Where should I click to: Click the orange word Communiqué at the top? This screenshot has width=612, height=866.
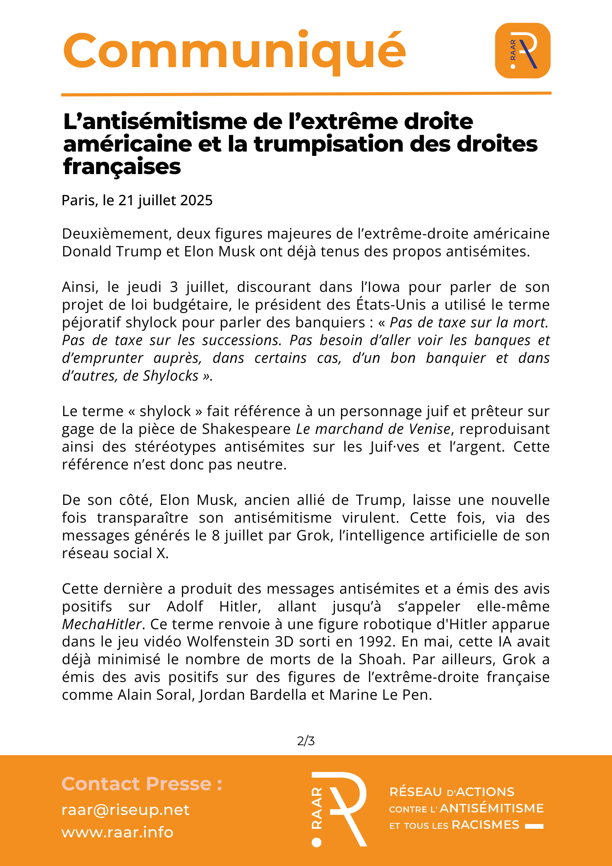(234, 51)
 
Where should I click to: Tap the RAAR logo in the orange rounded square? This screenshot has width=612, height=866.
(522, 51)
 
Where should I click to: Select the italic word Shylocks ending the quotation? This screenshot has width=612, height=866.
(171, 376)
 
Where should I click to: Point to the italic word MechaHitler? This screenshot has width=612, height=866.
(102, 624)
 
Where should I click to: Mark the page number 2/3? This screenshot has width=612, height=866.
(306, 741)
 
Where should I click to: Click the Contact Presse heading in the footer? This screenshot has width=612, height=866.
(142, 784)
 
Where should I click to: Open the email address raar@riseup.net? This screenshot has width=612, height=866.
(126, 810)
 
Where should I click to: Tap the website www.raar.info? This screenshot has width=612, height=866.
(117, 832)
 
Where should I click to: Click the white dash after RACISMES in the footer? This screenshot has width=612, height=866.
(534, 827)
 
